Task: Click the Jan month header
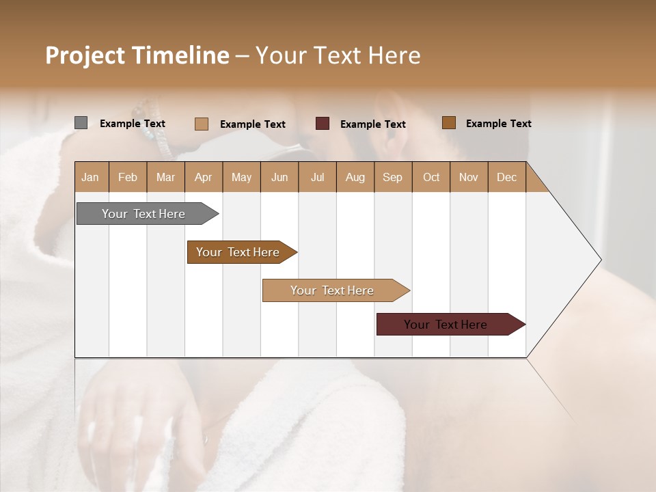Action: (90, 177)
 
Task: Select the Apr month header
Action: (203, 177)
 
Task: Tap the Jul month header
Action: (317, 177)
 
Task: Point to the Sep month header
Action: (392, 177)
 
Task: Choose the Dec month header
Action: (506, 177)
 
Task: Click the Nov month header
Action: (468, 177)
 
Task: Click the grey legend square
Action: (81, 123)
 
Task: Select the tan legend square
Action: (201, 124)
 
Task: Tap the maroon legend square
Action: (323, 124)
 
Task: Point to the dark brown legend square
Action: (448, 123)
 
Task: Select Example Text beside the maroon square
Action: (372, 124)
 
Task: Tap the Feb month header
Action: (128, 177)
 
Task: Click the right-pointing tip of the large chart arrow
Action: (599, 259)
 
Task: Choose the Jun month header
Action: (279, 177)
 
